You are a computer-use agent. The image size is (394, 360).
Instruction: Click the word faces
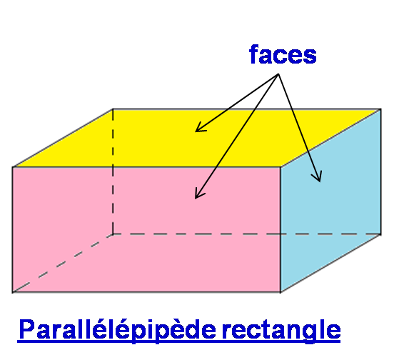[x=283, y=54]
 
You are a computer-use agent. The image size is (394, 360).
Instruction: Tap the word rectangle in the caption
[x=281, y=330]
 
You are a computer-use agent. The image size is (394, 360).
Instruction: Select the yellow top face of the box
[x=196, y=138]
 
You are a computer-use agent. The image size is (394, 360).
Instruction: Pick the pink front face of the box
[x=146, y=229]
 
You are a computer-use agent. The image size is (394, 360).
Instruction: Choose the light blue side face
[x=330, y=201]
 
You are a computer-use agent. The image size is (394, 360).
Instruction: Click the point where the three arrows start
[x=278, y=74]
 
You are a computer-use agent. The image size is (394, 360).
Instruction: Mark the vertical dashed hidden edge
[x=113, y=171]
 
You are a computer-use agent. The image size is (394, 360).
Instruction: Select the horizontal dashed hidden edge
[x=247, y=234]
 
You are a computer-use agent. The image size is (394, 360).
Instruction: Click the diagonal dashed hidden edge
[x=63, y=263]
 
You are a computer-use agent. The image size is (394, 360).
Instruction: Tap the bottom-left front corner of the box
[x=13, y=292]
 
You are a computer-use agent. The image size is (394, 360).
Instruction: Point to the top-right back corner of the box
[x=381, y=109]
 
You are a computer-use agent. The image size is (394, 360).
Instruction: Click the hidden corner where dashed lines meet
[x=113, y=234]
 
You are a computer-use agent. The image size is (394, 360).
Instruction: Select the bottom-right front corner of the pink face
[x=281, y=292]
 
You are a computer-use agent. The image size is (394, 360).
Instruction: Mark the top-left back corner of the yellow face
[x=113, y=109]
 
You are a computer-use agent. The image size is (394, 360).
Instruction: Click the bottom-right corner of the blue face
[x=381, y=234]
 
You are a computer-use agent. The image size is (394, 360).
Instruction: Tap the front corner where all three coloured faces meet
[x=281, y=166]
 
